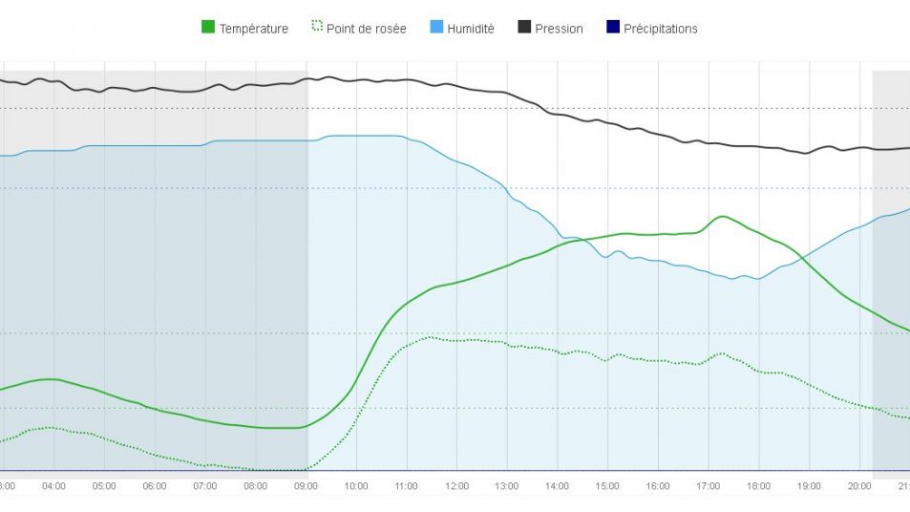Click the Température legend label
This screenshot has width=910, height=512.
click(x=253, y=29)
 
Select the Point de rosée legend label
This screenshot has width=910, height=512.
click(x=366, y=29)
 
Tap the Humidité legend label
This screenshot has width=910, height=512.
click(x=470, y=29)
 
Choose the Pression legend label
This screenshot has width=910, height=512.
click(x=559, y=29)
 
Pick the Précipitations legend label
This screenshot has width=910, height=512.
click(x=660, y=29)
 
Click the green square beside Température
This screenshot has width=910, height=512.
click(x=207, y=28)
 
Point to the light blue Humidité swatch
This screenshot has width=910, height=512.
click(x=436, y=28)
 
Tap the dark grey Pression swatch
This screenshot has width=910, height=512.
click(x=524, y=28)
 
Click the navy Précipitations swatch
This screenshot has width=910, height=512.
click(x=613, y=28)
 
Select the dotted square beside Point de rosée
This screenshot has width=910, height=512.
click(x=317, y=28)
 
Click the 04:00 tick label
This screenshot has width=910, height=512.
click(x=53, y=486)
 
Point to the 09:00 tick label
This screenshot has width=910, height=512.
click(x=306, y=486)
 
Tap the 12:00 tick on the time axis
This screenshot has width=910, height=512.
click(x=456, y=486)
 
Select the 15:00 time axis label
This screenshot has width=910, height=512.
click(x=607, y=486)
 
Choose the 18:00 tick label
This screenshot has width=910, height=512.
click(x=758, y=486)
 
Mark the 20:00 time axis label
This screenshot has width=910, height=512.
click(x=859, y=486)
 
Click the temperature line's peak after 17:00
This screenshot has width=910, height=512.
click(x=723, y=216)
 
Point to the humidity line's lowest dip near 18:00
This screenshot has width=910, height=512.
click(x=757, y=279)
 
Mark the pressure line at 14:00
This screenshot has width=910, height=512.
click(x=558, y=115)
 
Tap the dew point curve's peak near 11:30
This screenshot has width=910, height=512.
click(x=430, y=337)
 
